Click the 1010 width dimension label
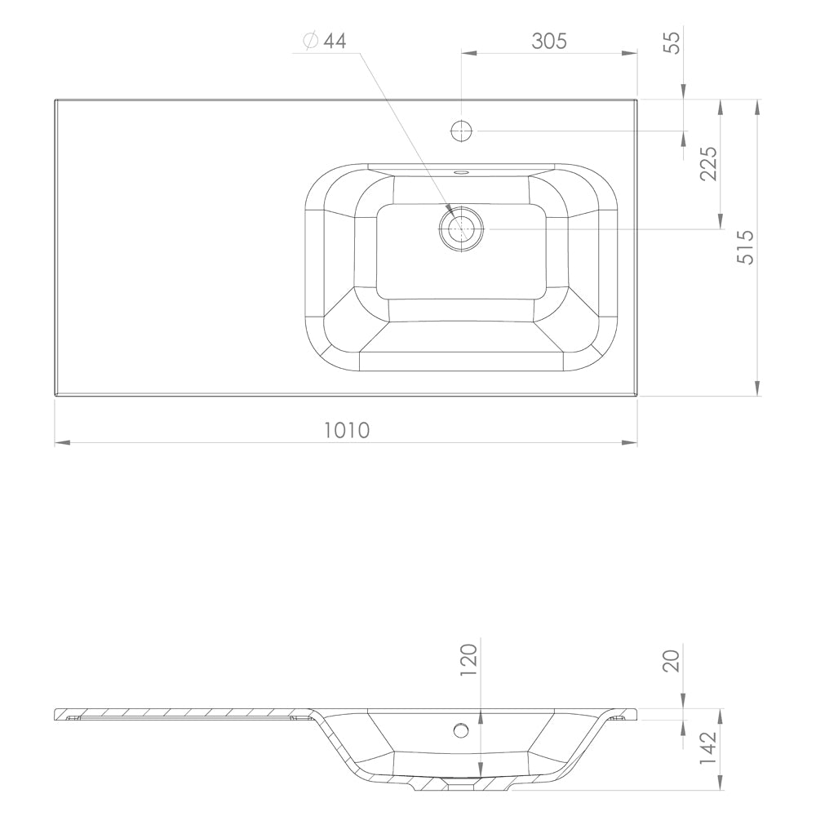tap(347, 430)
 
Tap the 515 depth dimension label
tap(746, 246)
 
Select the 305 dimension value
tap(549, 41)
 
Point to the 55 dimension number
tap(673, 42)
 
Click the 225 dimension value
tap(708, 163)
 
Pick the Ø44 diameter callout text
tap(326, 40)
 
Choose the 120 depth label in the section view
tap(468, 660)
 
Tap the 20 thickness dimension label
tap(672, 660)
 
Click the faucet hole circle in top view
tap(461, 131)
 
